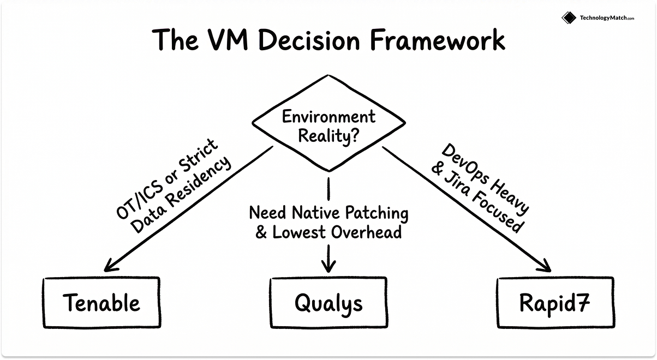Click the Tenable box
102,302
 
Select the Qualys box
329,302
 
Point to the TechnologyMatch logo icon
569,17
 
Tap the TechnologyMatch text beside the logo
603,18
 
